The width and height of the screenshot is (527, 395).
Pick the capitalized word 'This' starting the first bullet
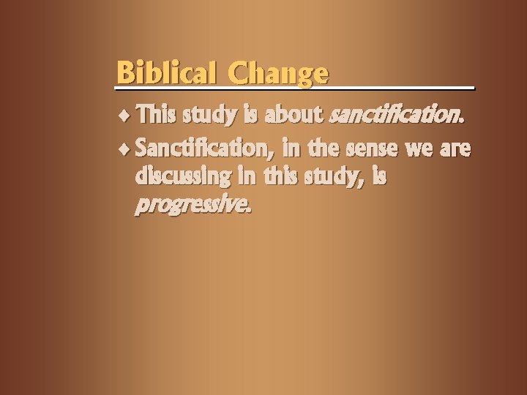coord(156,115)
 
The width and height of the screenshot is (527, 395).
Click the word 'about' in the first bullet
coord(296,115)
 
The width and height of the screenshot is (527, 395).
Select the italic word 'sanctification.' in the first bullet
coord(397,115)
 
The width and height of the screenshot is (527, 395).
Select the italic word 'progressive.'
coord(193,206)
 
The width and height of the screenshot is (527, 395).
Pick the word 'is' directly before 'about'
coord(253,115)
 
